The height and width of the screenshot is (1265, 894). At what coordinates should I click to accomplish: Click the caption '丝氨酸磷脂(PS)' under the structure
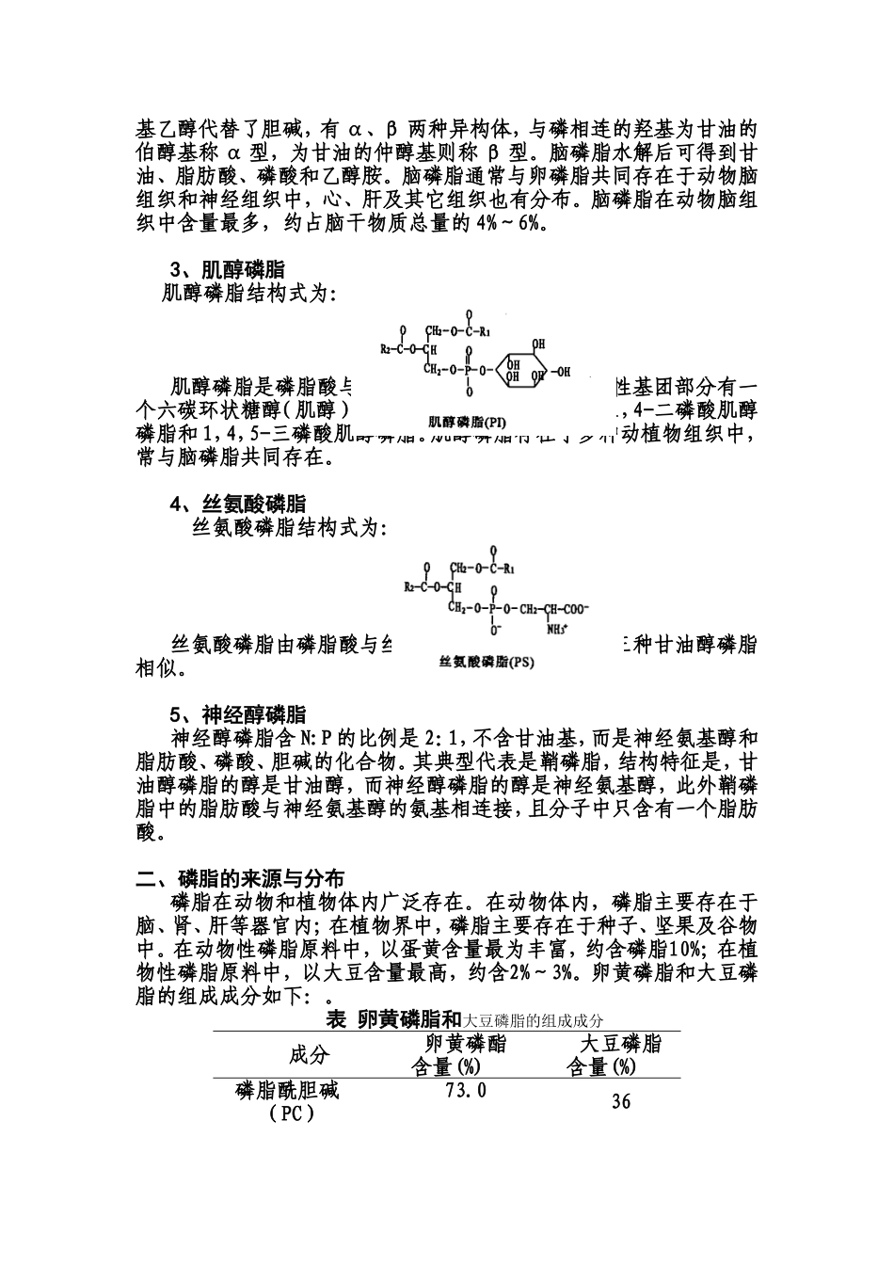point(487,662)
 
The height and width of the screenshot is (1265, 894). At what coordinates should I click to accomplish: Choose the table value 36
point(620,1101)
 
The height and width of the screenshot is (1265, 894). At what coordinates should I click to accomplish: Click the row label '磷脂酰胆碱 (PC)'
point(287,1101)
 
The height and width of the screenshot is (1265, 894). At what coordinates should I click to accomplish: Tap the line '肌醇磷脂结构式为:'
point(249,294)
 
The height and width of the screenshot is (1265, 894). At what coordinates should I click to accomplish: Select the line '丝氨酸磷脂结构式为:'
point(288,528)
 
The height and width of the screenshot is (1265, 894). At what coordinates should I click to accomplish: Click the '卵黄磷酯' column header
point(465,1043)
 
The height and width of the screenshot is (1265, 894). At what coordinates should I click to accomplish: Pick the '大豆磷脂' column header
point(619,1043)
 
